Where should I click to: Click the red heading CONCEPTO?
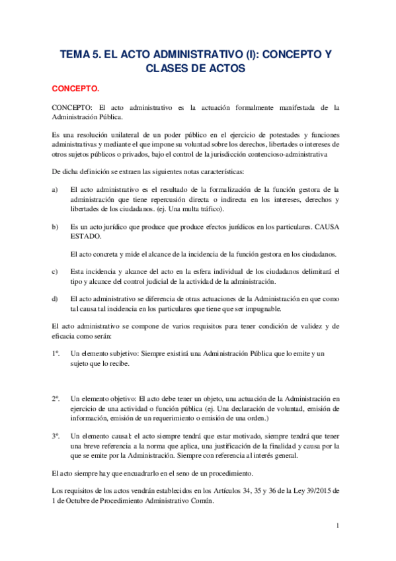75,87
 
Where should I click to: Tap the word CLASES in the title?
169,68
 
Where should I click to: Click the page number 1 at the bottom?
337,526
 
